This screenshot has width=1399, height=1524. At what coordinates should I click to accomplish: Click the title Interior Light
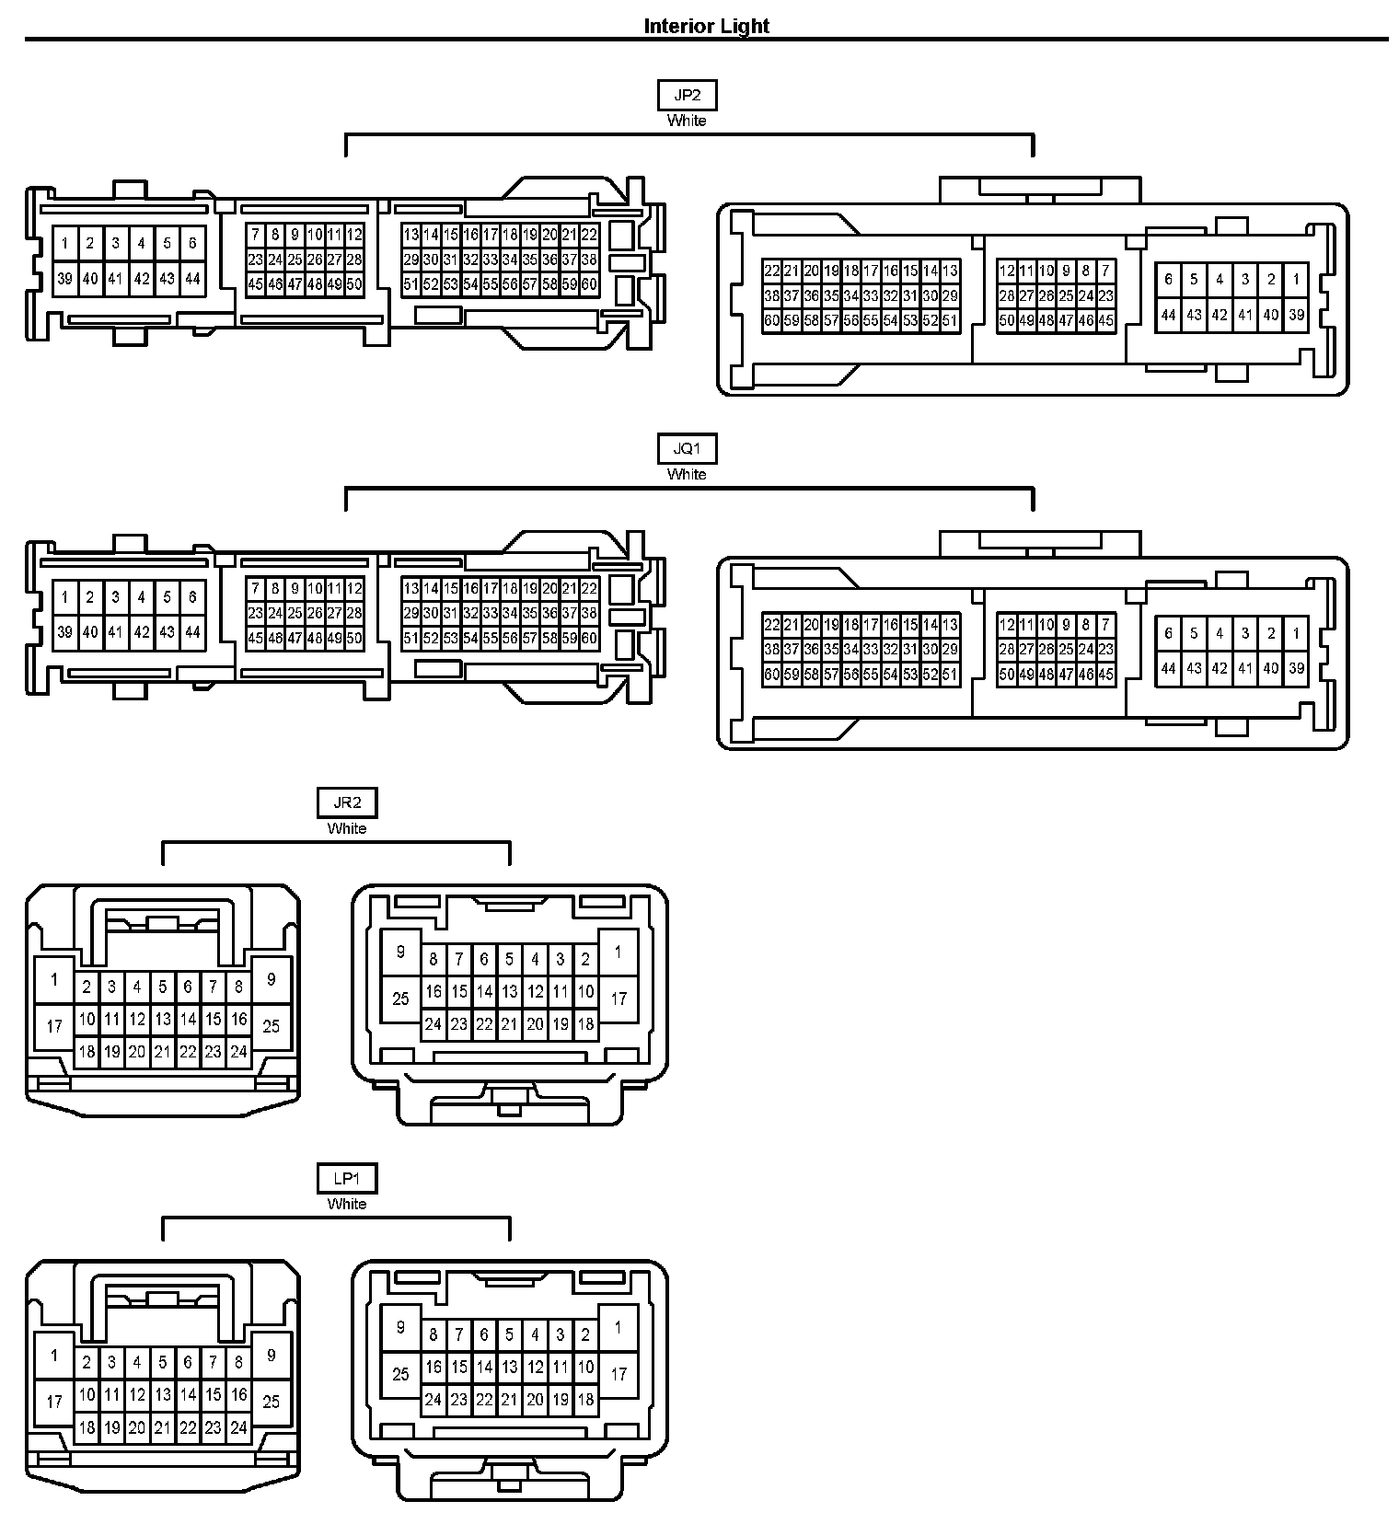tap(706, 26)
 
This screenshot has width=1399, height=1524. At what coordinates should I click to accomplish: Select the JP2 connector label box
tap(687, 96)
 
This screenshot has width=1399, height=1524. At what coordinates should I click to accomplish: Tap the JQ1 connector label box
tap(687, 449)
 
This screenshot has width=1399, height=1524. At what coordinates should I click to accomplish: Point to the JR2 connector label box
tap(347, 802)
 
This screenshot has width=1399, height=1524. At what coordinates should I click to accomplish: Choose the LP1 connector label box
tap(347, 1178)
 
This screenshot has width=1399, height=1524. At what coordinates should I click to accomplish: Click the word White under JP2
tap(687, 121)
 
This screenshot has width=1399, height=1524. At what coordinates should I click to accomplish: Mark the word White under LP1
tap(347, 1204)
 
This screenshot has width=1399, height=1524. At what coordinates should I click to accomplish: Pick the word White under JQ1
tap(687, 475)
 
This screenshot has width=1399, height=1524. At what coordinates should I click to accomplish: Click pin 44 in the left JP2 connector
tap(192, 278)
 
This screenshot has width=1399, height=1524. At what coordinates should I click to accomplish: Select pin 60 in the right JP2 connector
tap(771, 321)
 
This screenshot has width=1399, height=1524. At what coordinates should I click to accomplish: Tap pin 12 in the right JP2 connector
tap(1006, 271)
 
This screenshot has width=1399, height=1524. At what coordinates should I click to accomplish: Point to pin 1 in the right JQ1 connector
tap(1296, 633)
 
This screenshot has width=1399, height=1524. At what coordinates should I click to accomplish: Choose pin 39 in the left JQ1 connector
tap(64, 632)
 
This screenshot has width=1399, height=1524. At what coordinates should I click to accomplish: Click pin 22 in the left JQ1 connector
tap(589, 589)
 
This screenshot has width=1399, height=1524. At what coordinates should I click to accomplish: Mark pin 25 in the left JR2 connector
tap(271, 1025)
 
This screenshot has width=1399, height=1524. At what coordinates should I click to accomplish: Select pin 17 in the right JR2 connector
tap(619, 998)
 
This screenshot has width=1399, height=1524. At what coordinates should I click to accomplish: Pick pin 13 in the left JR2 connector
tap(163, 1019)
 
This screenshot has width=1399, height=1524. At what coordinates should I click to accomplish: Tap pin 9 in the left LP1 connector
tap(271, 1355)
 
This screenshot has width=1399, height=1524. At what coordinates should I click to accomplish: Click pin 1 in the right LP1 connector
tap(619, 1327)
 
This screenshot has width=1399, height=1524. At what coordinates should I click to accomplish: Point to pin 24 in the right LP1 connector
tap(433, 1400)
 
